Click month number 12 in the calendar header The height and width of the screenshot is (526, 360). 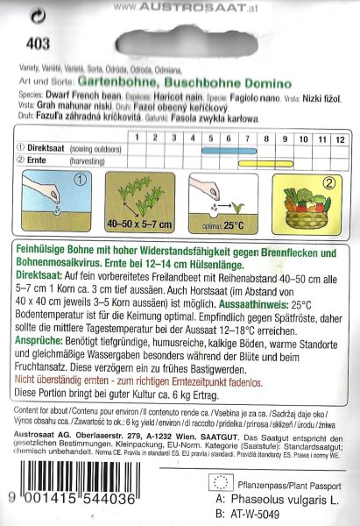(340, 139)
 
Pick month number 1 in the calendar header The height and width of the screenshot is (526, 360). (137, 139)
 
